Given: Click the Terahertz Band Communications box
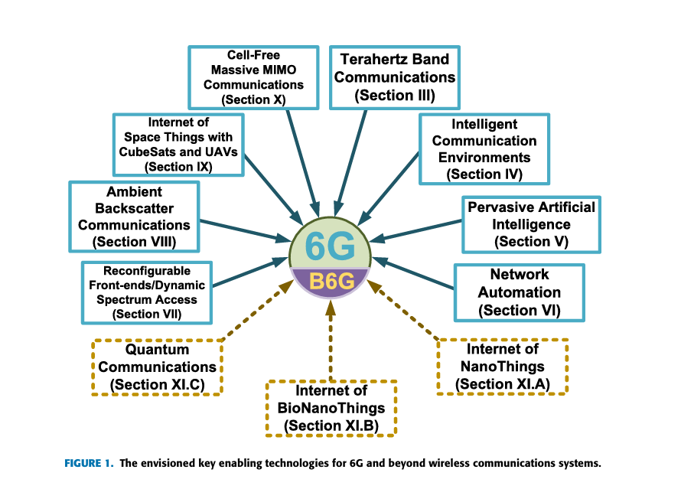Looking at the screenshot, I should (x=395, y=77).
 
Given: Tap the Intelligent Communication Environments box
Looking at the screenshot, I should (x=484, y=149).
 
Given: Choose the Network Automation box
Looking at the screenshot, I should (x=519, y=292).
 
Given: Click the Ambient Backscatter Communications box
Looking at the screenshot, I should (x=134, y=216).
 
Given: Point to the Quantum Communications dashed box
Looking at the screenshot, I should (x=158, y=367).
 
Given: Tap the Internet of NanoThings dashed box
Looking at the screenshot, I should (x=502, y=367).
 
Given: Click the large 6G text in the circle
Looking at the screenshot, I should (x=331, y=246).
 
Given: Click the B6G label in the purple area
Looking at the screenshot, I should (x=331, y=282).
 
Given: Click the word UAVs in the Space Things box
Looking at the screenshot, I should (x=221, y=151).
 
